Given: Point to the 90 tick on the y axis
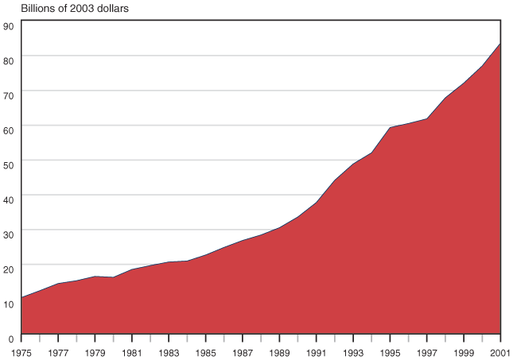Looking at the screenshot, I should [9, 26].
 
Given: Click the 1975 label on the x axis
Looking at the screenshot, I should [21, 350].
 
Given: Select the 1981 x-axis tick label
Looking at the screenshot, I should [132, 350].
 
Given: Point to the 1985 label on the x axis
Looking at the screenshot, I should [206, 350].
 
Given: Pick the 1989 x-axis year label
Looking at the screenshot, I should [280, 350].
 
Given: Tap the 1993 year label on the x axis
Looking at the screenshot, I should [353, 350].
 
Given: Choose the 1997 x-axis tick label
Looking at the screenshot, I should [427, 350].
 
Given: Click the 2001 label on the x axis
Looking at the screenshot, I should [500, 350].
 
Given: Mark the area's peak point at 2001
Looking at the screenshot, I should [500, 43].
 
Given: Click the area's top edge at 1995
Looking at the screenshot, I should [391, 127].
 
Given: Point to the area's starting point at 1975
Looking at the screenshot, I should [21, 297].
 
